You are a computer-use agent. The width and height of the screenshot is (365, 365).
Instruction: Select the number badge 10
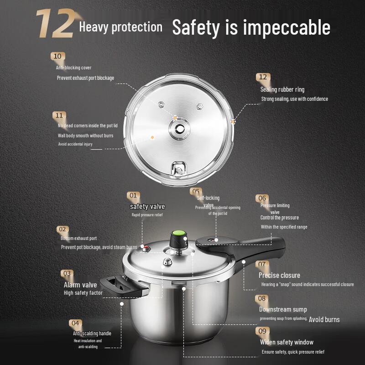pos(57,57)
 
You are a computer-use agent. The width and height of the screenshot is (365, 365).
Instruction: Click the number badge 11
pos(59,115)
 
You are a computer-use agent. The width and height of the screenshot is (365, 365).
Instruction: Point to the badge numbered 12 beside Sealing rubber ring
pos(262,77)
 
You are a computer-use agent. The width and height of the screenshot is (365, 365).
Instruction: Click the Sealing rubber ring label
pos(282,89)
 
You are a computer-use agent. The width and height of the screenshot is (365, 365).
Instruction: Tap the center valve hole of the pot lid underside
pos(178,130)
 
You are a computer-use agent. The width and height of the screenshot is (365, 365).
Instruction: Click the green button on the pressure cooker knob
pos(179,233)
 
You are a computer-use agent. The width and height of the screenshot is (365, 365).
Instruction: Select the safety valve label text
pos(147,207)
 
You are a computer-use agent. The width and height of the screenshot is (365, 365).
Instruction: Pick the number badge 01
pos(133,195)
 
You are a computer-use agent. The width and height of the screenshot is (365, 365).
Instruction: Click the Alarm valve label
pos(80,285)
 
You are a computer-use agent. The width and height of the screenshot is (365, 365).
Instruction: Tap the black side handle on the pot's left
pos(119,284)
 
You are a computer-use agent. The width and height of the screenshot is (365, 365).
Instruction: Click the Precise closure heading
pos(279,275)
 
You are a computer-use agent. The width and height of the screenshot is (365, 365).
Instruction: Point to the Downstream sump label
pos(283,309)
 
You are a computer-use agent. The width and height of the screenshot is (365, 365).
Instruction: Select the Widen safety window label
pos(287,342)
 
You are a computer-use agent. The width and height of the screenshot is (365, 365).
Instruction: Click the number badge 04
pos(75,323)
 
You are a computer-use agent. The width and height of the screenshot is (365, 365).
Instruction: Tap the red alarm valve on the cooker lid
pos(146,248)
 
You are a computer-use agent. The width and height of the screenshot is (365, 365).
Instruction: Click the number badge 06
pos(262,198)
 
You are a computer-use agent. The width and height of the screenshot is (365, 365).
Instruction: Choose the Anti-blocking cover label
pos(73,68)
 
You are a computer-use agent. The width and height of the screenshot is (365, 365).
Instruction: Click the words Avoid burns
pos(324,319)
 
